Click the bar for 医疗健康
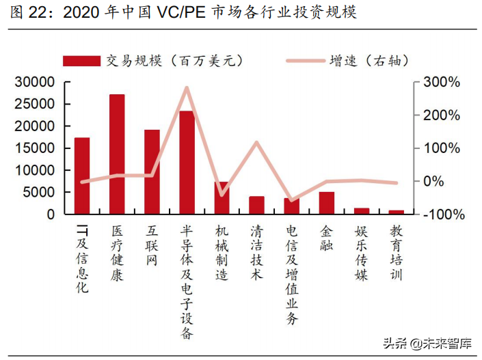pyautogui.click(x=117, y=154)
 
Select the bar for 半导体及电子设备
pyautogui.click(x=187, y=162)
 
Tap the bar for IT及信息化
pyautogui.click(x=82, y=176)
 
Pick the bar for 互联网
pyautogui.click(x=152, y=171)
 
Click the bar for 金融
pyautogui.click(x=327, y=203)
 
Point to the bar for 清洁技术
pyautogui.click(x=256, y=205)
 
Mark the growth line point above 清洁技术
pyautogui.click(x=256, y=142)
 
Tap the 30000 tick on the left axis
pyautogui.click(x=34, y=82)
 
